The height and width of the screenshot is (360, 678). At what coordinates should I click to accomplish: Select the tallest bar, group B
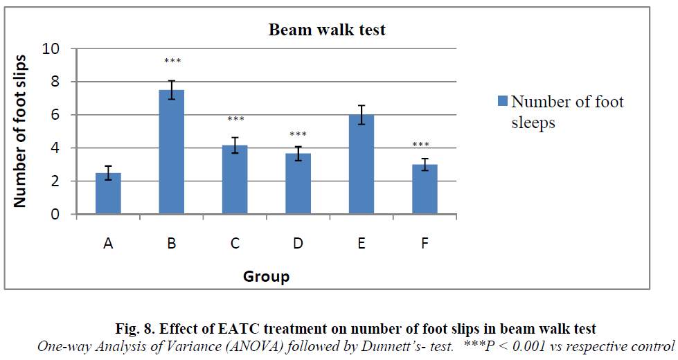click(x=172, y=152)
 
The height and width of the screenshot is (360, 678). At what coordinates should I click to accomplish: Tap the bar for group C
click(x=235, y=180)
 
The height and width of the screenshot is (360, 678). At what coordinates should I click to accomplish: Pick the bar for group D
click(x=298, y=184)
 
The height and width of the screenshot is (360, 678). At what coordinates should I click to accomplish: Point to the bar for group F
click(x=424, y=190)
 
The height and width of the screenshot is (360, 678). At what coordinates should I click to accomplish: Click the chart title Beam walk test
click(x=327, y=30)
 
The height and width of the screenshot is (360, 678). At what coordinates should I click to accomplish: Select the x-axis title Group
click(x=266, y=277)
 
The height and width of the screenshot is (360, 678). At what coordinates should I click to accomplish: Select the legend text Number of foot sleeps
click(x=567, y=112)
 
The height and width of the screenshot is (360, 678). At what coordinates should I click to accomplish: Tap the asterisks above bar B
click(x=172, y=62)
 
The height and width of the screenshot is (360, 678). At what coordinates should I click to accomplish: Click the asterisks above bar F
click(x=421, y=145)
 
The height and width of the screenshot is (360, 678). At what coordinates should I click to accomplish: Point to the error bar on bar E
click(x=361, y=115)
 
